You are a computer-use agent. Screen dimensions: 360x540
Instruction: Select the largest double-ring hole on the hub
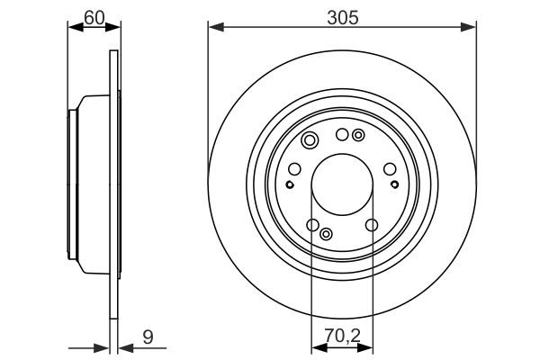(310, 140)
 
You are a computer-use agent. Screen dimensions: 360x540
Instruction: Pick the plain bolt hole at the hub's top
(342, 135)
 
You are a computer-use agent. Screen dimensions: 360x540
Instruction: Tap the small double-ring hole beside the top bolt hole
(358, 136)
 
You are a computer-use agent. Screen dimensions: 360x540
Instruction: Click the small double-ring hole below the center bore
(326, 233)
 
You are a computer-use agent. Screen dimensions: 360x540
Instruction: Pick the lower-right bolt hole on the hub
(371, 225)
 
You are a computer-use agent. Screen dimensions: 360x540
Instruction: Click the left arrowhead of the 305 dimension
(213, 29)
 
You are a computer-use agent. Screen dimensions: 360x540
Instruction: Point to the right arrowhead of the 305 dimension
(471, 29)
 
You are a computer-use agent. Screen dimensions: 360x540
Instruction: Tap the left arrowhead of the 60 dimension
(74, 29)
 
